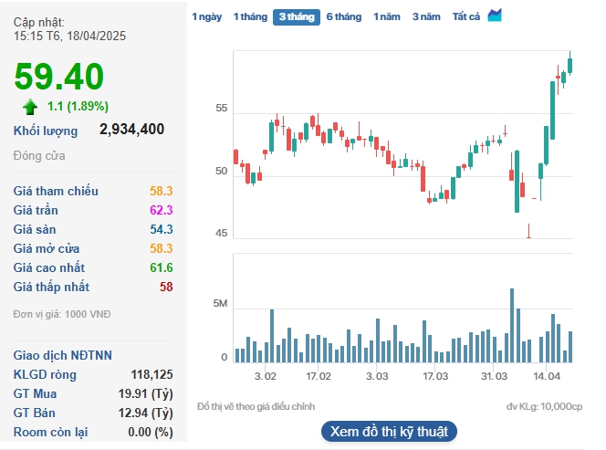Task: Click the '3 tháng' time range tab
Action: tap(297, 17)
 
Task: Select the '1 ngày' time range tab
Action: tap(207, 17)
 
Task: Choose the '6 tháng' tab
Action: tap(344, 17)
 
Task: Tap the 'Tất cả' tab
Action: tap(466, 17)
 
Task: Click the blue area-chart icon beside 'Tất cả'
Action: tap(495, 16)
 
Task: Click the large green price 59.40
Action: tap(58, 77)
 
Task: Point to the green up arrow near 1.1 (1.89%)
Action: tap(30, 107)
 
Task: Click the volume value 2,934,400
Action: tap(131, 129)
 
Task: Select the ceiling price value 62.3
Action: tap(162, 210)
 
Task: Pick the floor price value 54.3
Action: tap(162, 230)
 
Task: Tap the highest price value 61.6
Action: tap(162, 268)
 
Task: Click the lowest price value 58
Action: tap(166, 287)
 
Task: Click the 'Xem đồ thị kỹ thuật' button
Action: tap(389, 432)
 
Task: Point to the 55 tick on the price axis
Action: tap(222, 109)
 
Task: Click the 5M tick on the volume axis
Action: tap(220, 303)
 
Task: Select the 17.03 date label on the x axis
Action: tap(435, 376)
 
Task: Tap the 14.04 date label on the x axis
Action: tap(547, 376)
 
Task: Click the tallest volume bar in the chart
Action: tap(512, 326)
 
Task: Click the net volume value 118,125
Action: tap(151, 374)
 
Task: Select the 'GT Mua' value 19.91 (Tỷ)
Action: tap(146, 394)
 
